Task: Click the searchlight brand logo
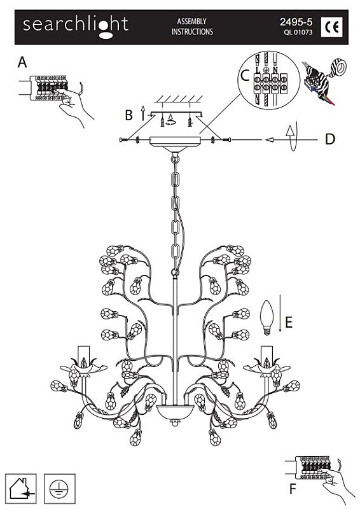[x=76, y=27]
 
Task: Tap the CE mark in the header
[x=331, y=27]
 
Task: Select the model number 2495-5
[x=296, y=22]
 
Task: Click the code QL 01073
[x=298, y=32]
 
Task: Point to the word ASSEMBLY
[x=191, y=22]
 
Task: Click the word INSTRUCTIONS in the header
[x=192, y=32]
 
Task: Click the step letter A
[x=22, y=62]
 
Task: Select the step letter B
[x=129, y=115]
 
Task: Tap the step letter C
[x=244, y=76]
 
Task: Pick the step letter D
[x=330, y=139]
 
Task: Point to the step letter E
[x=289, y=323]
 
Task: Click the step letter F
[x=293, y=489]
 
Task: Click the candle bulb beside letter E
[x=267, y=317]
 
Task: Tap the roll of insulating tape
[x=338, y=67]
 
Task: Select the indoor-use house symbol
[x=21, y=489]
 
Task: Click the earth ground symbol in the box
[x=60, y=489]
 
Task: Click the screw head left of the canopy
[x=123, y=140]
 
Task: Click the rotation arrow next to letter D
[x=292, y=136]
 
